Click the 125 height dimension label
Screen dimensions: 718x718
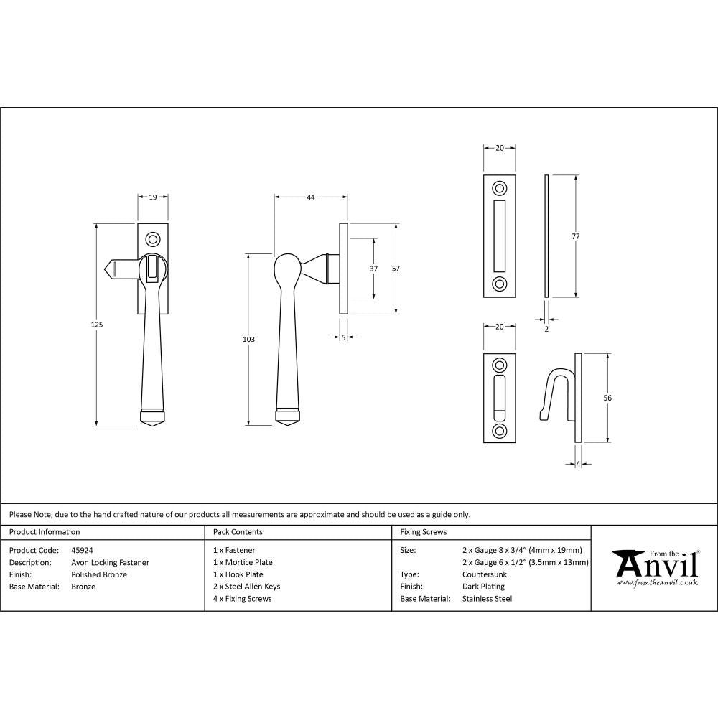pyautogui.click(x=97, y=325)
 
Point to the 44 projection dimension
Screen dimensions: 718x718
pyautogui.click(x=310, y=196)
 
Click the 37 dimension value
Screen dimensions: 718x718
pyautogui.click(x=374, y=268)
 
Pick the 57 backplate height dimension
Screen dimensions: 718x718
pyautogui.click(x=396, y=268)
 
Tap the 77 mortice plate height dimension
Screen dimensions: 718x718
pyautogui.click(x=576, y=236)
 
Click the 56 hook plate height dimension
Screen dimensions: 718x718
pyautogui.click(x=607, y=397)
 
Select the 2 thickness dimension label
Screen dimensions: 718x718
pyautogui.click(x=546, y=329)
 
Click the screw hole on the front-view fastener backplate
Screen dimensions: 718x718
pyautogui.click(x=151, y=238)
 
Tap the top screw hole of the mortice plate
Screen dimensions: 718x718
pyautogui.click(x=498, y=189)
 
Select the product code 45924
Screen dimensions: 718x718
pyautogui.click(x=83, y=550)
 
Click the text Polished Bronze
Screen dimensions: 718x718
pyautogui.click(x=99, y=574)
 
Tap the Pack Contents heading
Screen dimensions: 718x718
pyautogui.click(x=238, y=532)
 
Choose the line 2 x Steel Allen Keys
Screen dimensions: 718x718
pyautogui.click(x=247, y=587)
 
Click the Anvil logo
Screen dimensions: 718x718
pyautogui.click(x=655, y=567)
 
